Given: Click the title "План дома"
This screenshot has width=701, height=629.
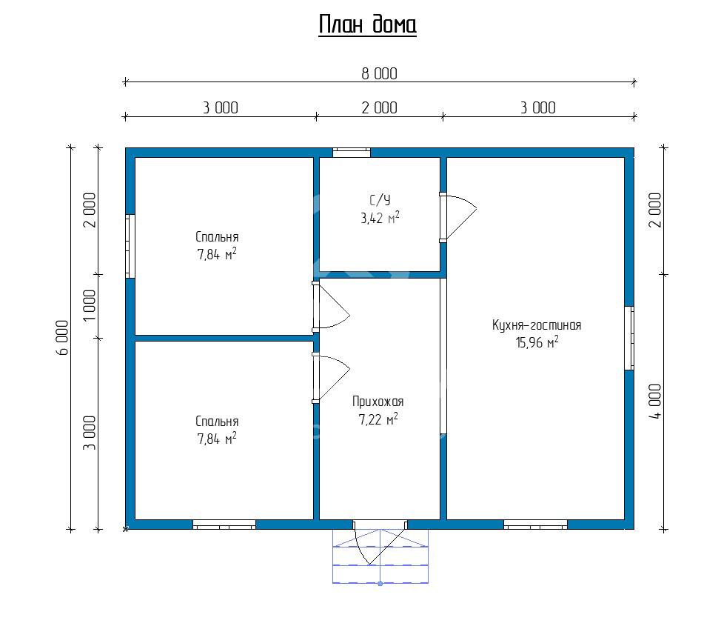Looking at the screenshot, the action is pyautogui.click(x=367, y=24).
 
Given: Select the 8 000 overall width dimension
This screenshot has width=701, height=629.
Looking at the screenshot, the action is pyautogui.click(x=379, y=74).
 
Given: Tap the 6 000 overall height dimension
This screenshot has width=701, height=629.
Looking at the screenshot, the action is pyautogui.click(x=63, y=337).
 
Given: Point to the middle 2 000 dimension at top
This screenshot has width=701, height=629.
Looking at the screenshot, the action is pyautogui.click(x=379, y=108).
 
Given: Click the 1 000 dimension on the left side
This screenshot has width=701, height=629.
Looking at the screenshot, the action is pyautogui.click(x=90, y=305).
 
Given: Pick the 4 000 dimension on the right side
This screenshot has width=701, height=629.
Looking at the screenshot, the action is pyautogui.click(x=655, y=402).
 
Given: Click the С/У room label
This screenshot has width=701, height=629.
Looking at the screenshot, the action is pyautogui.click(x=380, y=200).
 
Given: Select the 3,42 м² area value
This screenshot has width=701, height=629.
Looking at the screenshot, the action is pyautogui.click(x=380, y=218).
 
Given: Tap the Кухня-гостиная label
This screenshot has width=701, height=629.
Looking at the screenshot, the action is pyautogui.click(x=537, y=325).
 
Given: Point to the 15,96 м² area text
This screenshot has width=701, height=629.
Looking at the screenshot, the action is pyautogui.click(x=537, y=343).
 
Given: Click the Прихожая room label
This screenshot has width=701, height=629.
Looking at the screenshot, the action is pyautogui.click(x=378, y=402).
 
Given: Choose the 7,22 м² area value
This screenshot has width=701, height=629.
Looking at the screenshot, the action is pyautogui.click(x=378, y=419).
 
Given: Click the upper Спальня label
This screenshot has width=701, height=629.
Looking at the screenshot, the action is pyautogui.click(x=217, y=236).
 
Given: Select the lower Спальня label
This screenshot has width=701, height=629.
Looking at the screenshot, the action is pyautogui.click(x=217, y=421).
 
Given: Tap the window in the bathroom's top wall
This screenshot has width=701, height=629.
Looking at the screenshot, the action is pyautogui.click(x=352, y=153).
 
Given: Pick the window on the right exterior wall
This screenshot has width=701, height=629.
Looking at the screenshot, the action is pyautogui.click(x=629, y=338).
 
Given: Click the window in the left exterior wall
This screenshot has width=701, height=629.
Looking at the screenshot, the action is pyautogui.click(x=130, y=246).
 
